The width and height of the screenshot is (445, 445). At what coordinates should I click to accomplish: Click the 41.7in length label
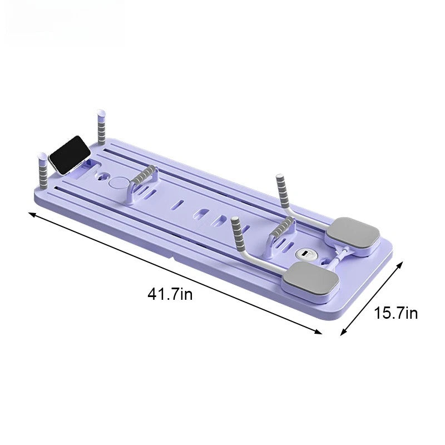[170, 294]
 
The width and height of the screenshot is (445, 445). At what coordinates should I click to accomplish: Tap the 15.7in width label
[395, 313]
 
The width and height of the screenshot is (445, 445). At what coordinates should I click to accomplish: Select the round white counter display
[304, 254]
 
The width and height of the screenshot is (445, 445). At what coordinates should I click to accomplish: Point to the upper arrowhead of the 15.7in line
[399, 264]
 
